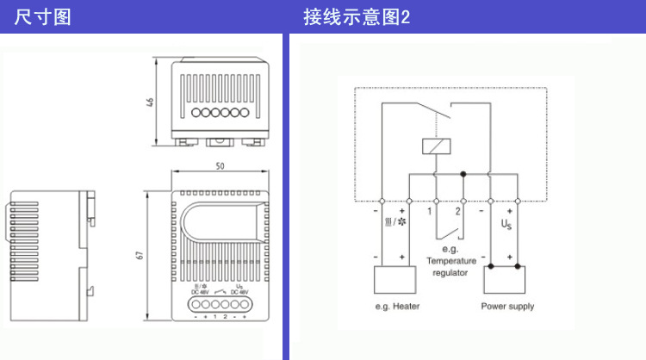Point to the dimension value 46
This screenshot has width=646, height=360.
(x=150, y=102)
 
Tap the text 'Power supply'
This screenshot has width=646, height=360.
(x=507, y=307)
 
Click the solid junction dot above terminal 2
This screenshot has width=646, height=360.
(x=463, y=175)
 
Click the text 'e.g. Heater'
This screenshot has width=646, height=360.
(x=397, y=307)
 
